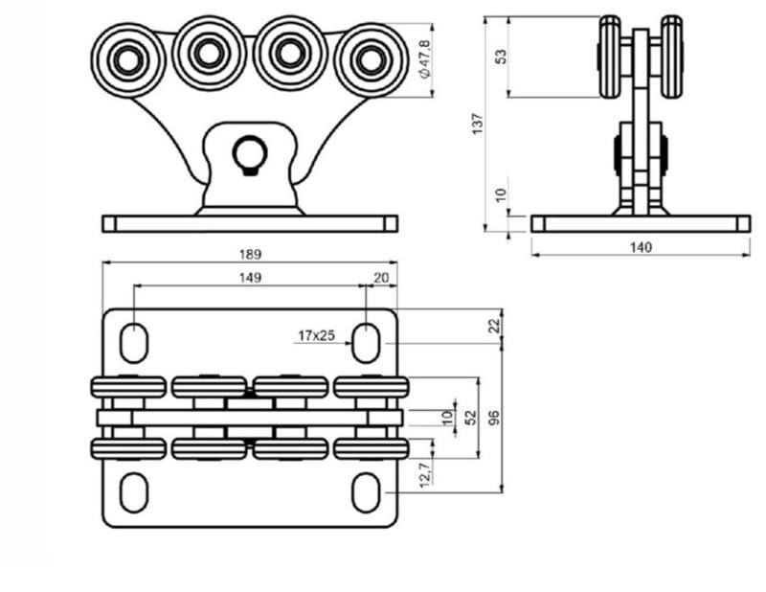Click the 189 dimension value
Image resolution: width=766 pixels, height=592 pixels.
coord(251,255)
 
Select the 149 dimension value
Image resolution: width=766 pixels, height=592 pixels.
coord(251,278)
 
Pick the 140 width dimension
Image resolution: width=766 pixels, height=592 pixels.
coord(641,247)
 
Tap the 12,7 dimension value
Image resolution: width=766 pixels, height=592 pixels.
coord(425,471)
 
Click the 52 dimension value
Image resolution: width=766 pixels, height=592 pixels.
coord(470,418)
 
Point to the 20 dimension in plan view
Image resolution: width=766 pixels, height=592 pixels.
coord(381,278)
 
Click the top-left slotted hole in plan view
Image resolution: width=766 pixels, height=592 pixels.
coord(134,342)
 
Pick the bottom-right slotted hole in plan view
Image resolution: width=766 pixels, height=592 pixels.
coord(367,491)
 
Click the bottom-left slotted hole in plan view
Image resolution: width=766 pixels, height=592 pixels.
coord(134,491)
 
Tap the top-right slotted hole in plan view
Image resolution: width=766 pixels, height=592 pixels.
coord(367,342)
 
